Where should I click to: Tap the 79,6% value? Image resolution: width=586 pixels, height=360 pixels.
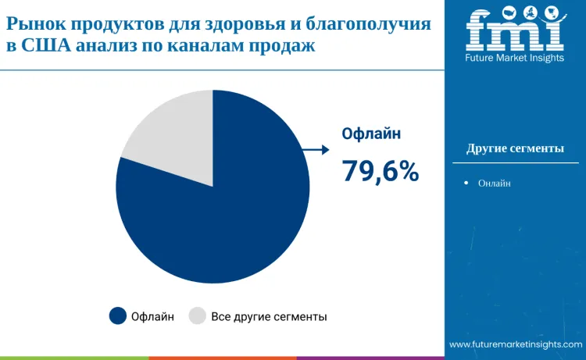[x=381, y=171]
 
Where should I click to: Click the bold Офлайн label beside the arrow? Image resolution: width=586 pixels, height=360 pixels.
[x=372, y=134]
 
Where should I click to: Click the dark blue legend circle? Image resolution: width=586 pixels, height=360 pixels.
[x=117, y=316]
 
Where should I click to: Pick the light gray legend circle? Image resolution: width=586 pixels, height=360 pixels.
[x=198, y=316]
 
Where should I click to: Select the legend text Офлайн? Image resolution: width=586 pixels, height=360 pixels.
[x=152, y=316]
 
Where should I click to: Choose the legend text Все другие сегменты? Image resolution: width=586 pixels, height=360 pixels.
[x=269, y=316]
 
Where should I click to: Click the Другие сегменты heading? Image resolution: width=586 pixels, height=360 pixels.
[x=515, y=148]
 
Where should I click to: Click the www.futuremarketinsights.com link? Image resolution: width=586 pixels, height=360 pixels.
[x=516, y=344]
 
